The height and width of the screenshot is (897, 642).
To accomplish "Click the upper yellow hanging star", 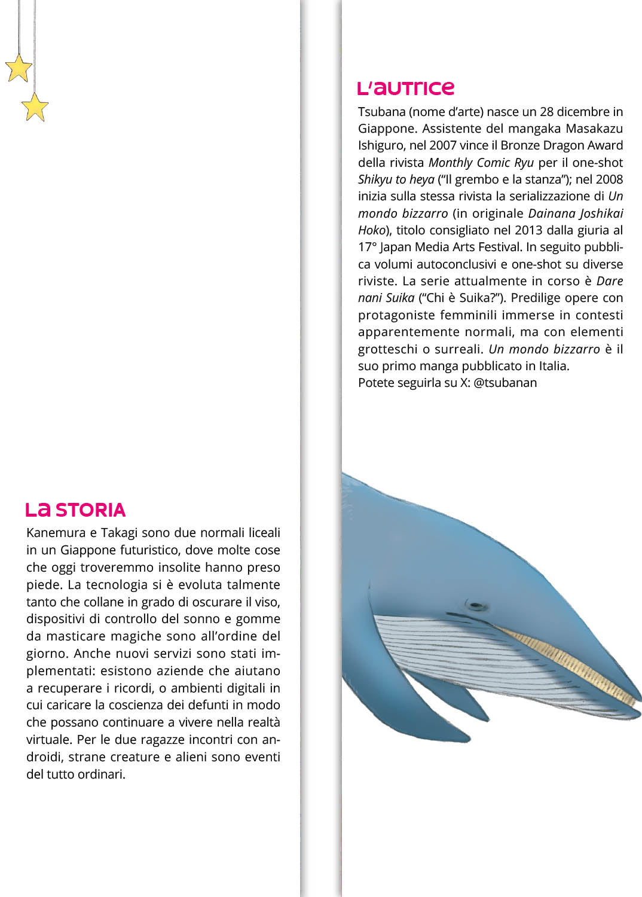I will tap(18, 68).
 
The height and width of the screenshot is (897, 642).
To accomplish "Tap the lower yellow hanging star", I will tap(35, 107).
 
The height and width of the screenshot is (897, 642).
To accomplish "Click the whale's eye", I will tap(476, 605).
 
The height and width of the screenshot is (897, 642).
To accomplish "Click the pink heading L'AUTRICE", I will tap(406, 89).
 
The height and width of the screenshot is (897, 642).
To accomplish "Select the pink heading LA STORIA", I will tap(76, 510).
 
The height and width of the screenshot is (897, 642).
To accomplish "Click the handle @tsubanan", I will tap(505, 383).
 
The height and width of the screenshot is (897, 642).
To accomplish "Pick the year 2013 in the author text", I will tap(528, 230).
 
